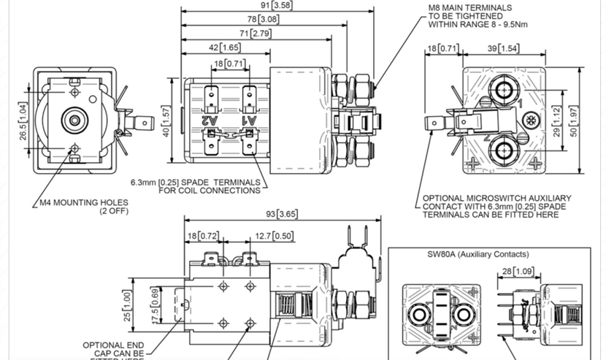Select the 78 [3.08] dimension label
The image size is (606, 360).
[263, 19]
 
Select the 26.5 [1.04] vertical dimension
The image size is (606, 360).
[23, 121]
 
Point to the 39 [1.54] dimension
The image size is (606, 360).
[504, 49]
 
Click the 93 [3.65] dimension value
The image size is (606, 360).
[283, 214]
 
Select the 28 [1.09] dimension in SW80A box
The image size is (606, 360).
[515, 272]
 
